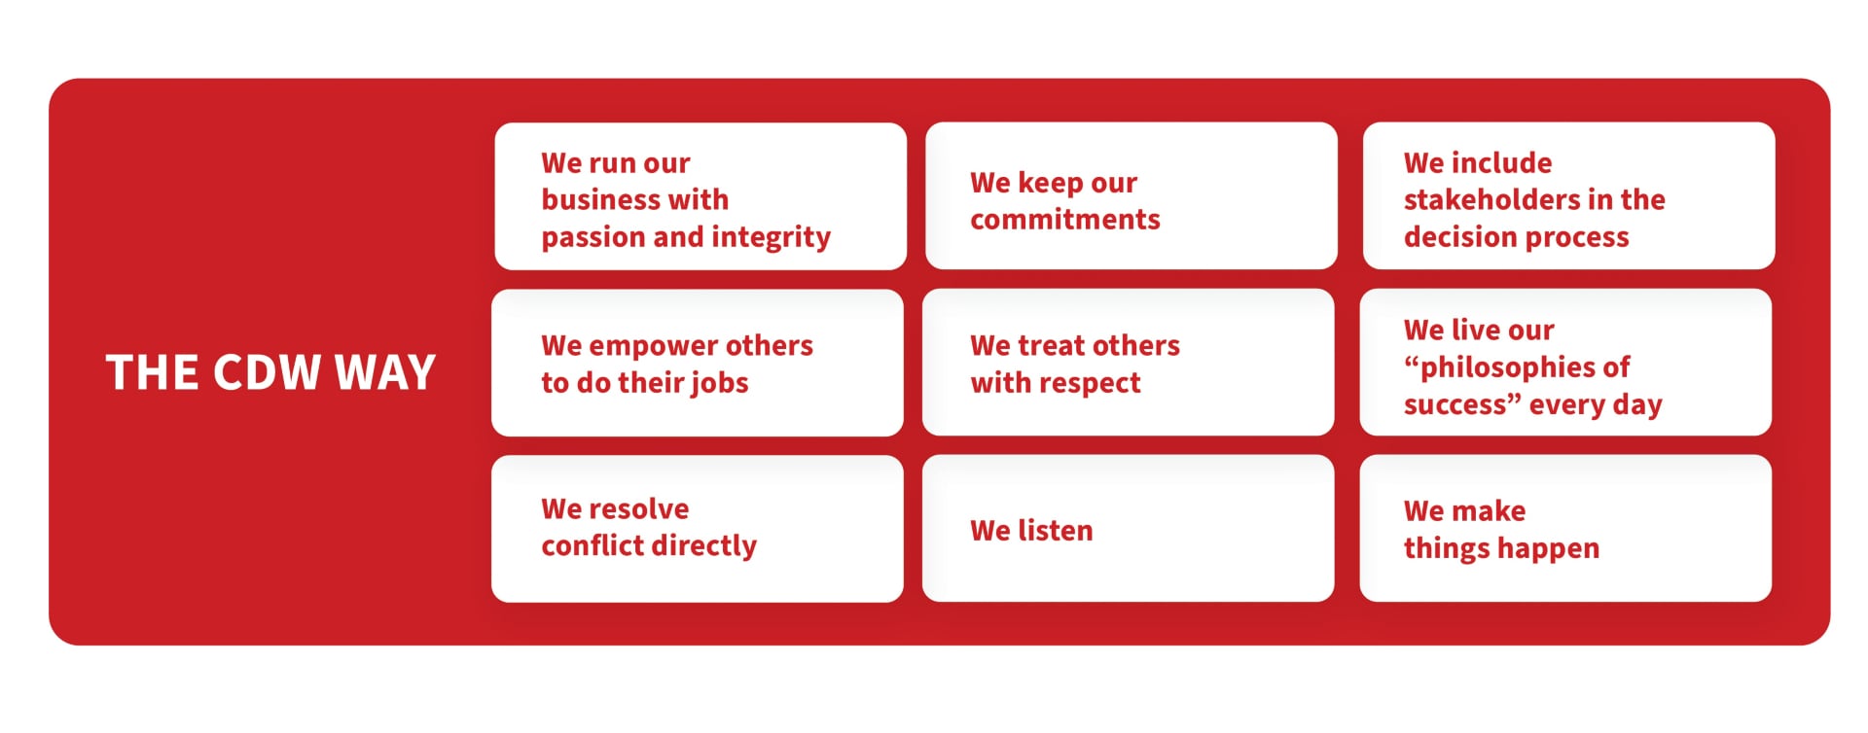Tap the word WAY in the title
385,372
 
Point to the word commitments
1065,220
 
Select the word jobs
718,383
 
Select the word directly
704,546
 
